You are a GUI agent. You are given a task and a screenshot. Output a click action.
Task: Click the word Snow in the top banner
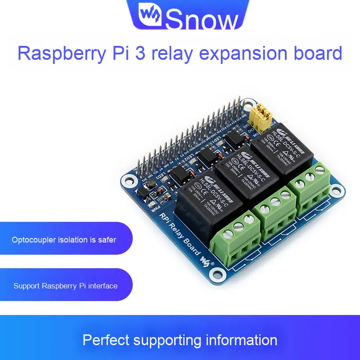point(202,19)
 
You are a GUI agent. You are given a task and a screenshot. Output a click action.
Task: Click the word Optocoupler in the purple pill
point(34,239)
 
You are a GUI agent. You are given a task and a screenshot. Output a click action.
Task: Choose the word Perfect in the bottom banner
point(106,340)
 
